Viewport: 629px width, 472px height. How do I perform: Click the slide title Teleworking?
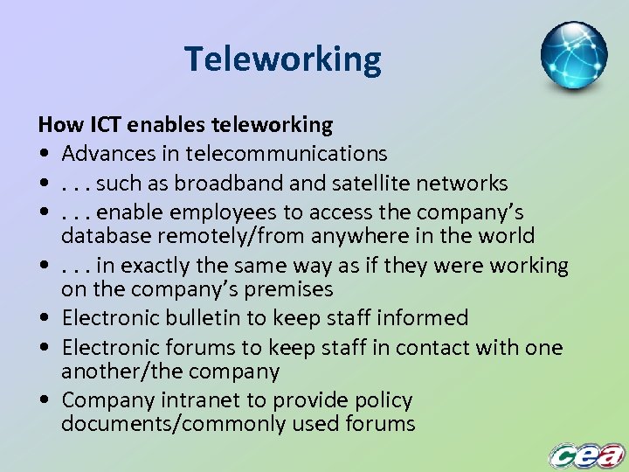coord(283,59)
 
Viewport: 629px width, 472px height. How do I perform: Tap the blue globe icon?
coord(573,56)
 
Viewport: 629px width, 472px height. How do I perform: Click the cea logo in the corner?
coord(586,455)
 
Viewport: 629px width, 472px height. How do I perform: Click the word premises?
coord(286,289)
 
